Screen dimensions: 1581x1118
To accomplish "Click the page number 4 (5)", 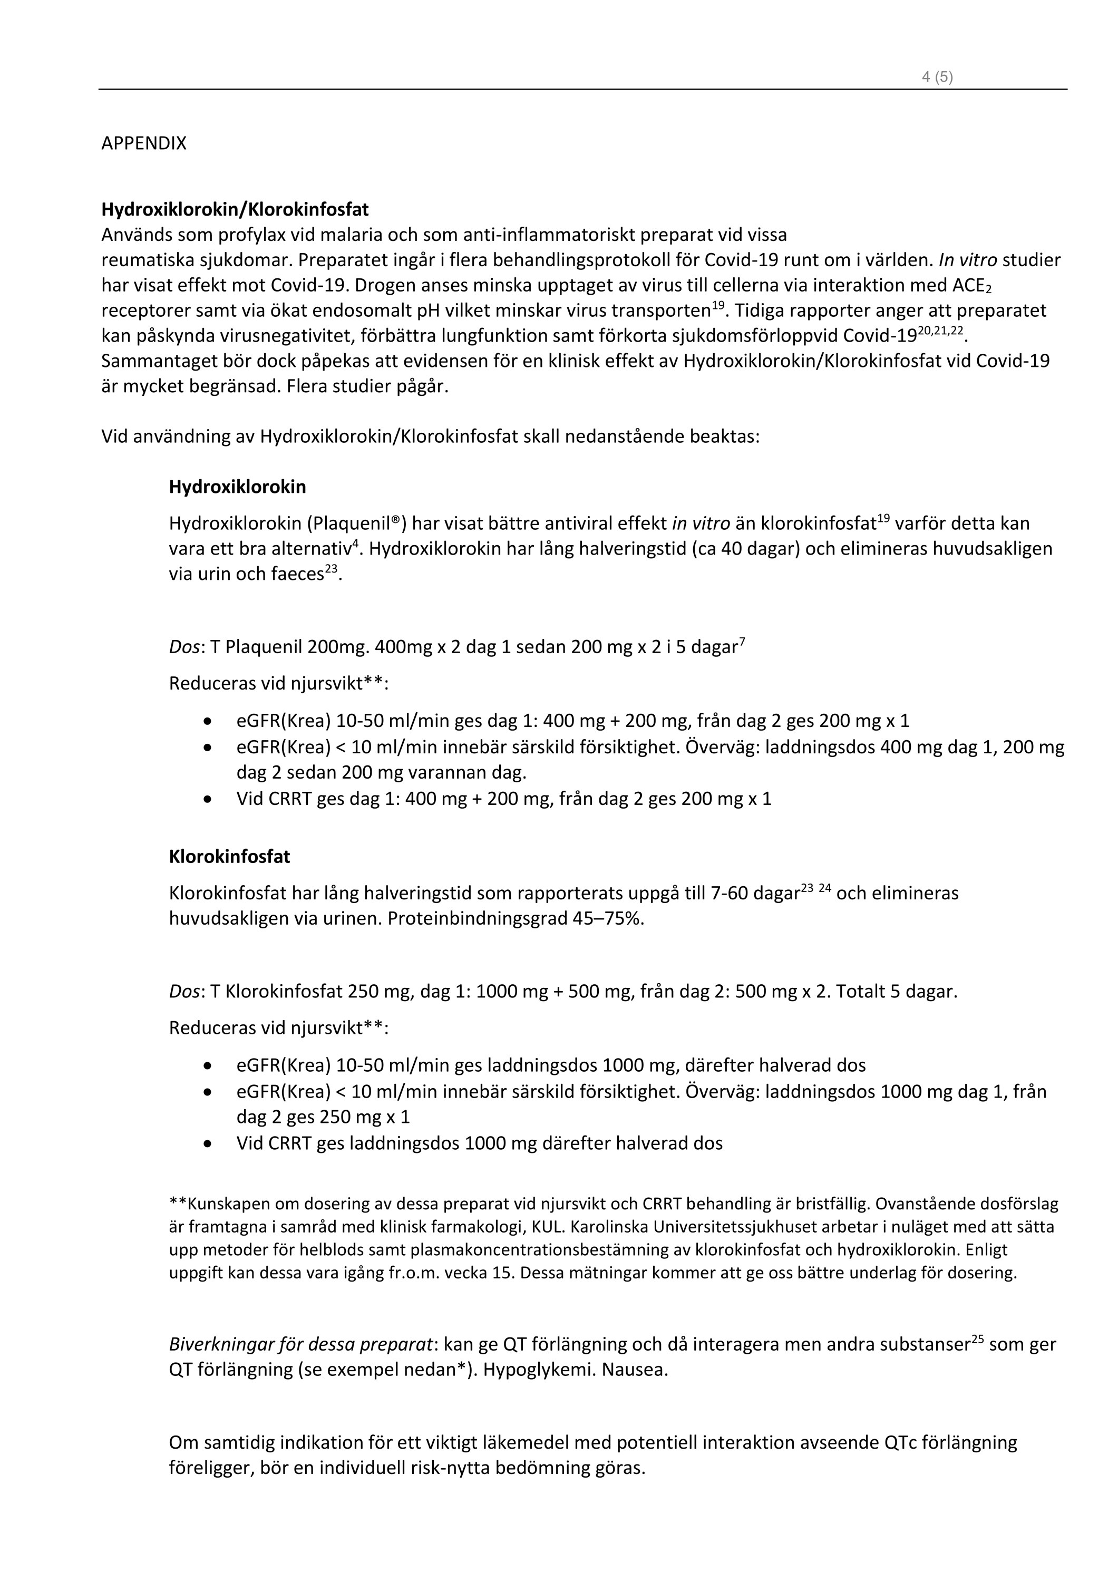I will tap(937, 77).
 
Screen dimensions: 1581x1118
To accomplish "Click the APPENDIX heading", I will tap(144, 143).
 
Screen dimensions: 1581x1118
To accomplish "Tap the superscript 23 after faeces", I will tap(331, 569).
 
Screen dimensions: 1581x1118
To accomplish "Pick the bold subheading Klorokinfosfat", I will tap(229, 857).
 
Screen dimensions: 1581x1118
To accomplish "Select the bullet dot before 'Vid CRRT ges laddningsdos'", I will tap(208, 1144).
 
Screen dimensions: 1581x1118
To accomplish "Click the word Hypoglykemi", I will tap(537, 1370).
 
